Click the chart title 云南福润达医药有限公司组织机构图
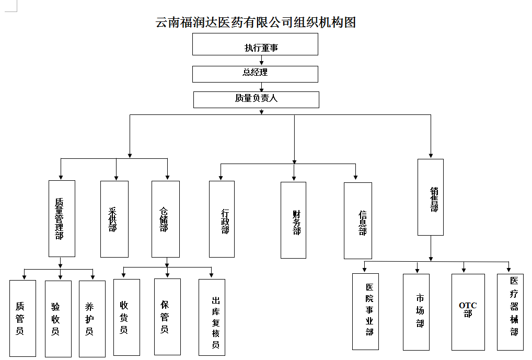tap(256, 22)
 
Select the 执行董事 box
tap(255, 44)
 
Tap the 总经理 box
tap(255, 74)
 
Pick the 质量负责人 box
tap(256, 99)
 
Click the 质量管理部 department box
tap(62, 218)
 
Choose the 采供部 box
tap(114, 219)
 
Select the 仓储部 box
tap(165, 219)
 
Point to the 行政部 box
tap(222, 219)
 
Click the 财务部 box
tap(293, 220)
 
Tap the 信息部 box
tap(358, 220)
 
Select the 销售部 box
tap(431, 197)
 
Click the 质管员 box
tap(22, 318)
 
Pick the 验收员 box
tap(58, 319)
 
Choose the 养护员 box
tap(92, 319)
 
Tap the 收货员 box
tap(126, 317)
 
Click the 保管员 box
tap(167, 317)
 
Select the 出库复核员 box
tap(212, 317)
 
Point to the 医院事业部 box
tap(365, 311)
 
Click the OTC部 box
tap(468, 312)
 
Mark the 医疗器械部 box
tap(510, 312)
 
